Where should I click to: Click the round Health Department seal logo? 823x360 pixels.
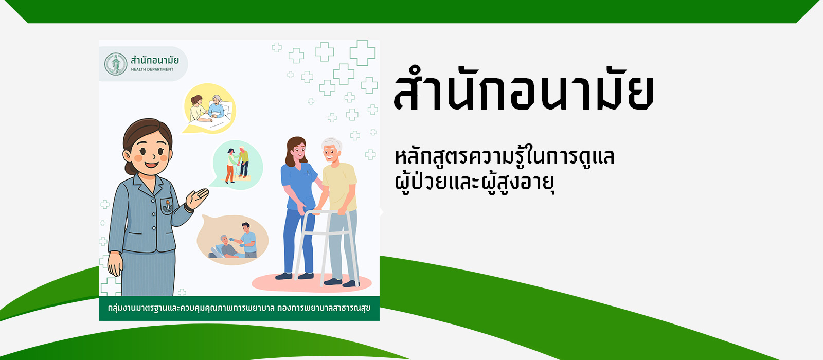pyautogui.click(x=115, y=64)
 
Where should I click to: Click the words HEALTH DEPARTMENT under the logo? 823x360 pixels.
pyautogui.click(x=152, y=69)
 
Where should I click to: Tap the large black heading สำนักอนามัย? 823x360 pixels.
pyautogui.click(x=524, y=89)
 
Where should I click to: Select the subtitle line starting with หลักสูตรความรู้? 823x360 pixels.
pyautogui.click(x=505, y=156)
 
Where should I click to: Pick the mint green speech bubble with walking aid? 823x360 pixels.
pyautogui.click(x=237, y=165)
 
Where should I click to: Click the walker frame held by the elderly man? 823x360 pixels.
pyautogui.click(x=326, y=246)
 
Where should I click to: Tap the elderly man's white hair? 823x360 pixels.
pyautogui.click(x=332, y=144)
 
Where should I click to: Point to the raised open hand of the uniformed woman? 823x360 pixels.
pyautogui.click(x=197, y=199)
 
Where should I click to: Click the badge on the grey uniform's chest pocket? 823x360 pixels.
pyautogui.click(x=167, y=206)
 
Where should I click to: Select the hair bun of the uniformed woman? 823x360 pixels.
pyautogui.click(x=130, y=167)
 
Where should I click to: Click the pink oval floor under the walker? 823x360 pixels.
pyautogui.click(x=312, y=282)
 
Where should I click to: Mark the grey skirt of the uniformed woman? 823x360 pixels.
pyautogui.click(x=149, y=273)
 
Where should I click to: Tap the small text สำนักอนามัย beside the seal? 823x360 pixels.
pyautogui.click(x=155, y=60)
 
